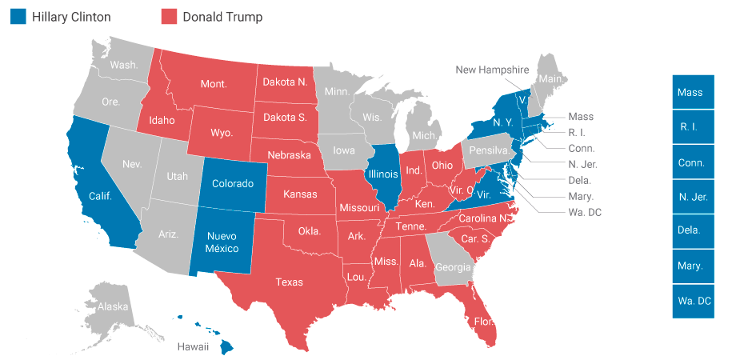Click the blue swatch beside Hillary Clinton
pyautogui.click(x=18, y=17)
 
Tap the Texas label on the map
pyautogui.click(x=289, y=282)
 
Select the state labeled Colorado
pyautogui.click(x=233, y=183)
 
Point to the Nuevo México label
pyautogui.click(x=222, y=242)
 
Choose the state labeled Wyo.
pyautogui.click(x=221, y=132)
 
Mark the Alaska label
pyautogui.click(x=112, y=306)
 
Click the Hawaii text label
pyautogui.click(x=193, y=346)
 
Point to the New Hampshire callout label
pyautogui.click(x=493, y=70)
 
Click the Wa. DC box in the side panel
pyautogui.click(x=693, y=301)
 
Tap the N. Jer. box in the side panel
pyautogui.click(x=693, y=197)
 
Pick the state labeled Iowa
pyautogui.click(x=344, y=150)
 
